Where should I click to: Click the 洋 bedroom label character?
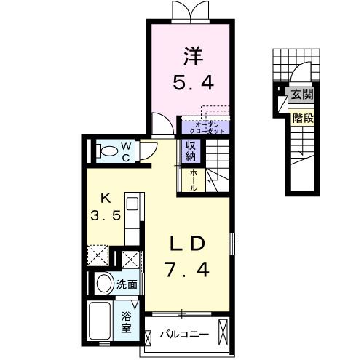(193, 56)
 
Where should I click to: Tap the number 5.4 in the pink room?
(193, 82)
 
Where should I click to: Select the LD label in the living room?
(187, 244)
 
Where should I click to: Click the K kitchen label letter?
(106, 199)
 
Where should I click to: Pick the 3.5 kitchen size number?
(106, 215)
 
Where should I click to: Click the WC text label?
(126, 152)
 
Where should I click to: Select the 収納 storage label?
(191, 151)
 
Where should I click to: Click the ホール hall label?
(194, 180)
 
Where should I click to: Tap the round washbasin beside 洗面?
(105, 283)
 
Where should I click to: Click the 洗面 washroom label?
(127, 284)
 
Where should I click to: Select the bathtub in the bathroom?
(100, 321)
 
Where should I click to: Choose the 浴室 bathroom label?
(127, 323)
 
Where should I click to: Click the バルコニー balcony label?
(184, 335)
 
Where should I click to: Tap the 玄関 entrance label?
(302, 94)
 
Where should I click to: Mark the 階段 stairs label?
(303, 119)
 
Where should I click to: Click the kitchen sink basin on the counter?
(132, 204)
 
